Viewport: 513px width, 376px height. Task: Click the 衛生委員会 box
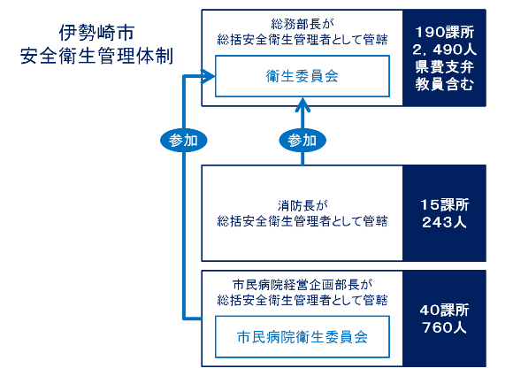click(x=302, y=77)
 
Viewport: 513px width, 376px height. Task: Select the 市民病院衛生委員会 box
click(x=302, y=337)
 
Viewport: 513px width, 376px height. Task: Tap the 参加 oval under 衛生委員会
click(x=302, y=140)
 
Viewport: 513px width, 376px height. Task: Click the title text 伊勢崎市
click(x=97, y=33)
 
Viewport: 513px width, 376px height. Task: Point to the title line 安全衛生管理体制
click(x=97, y=57)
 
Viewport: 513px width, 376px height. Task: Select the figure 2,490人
click(x=443, y=50)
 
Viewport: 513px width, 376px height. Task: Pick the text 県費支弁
click(x=443, y=67)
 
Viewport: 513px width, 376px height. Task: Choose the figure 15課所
click(x=443, y=204)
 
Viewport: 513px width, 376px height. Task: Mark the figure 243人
click(x=443, y=222)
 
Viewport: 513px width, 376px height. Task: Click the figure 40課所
click(x=443, y=311)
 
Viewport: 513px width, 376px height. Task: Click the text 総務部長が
click(x=302, y=23)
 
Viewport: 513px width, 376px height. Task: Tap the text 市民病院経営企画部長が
click(x=302, y=285)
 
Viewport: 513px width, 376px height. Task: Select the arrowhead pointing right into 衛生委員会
click(x=208, y=78)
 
